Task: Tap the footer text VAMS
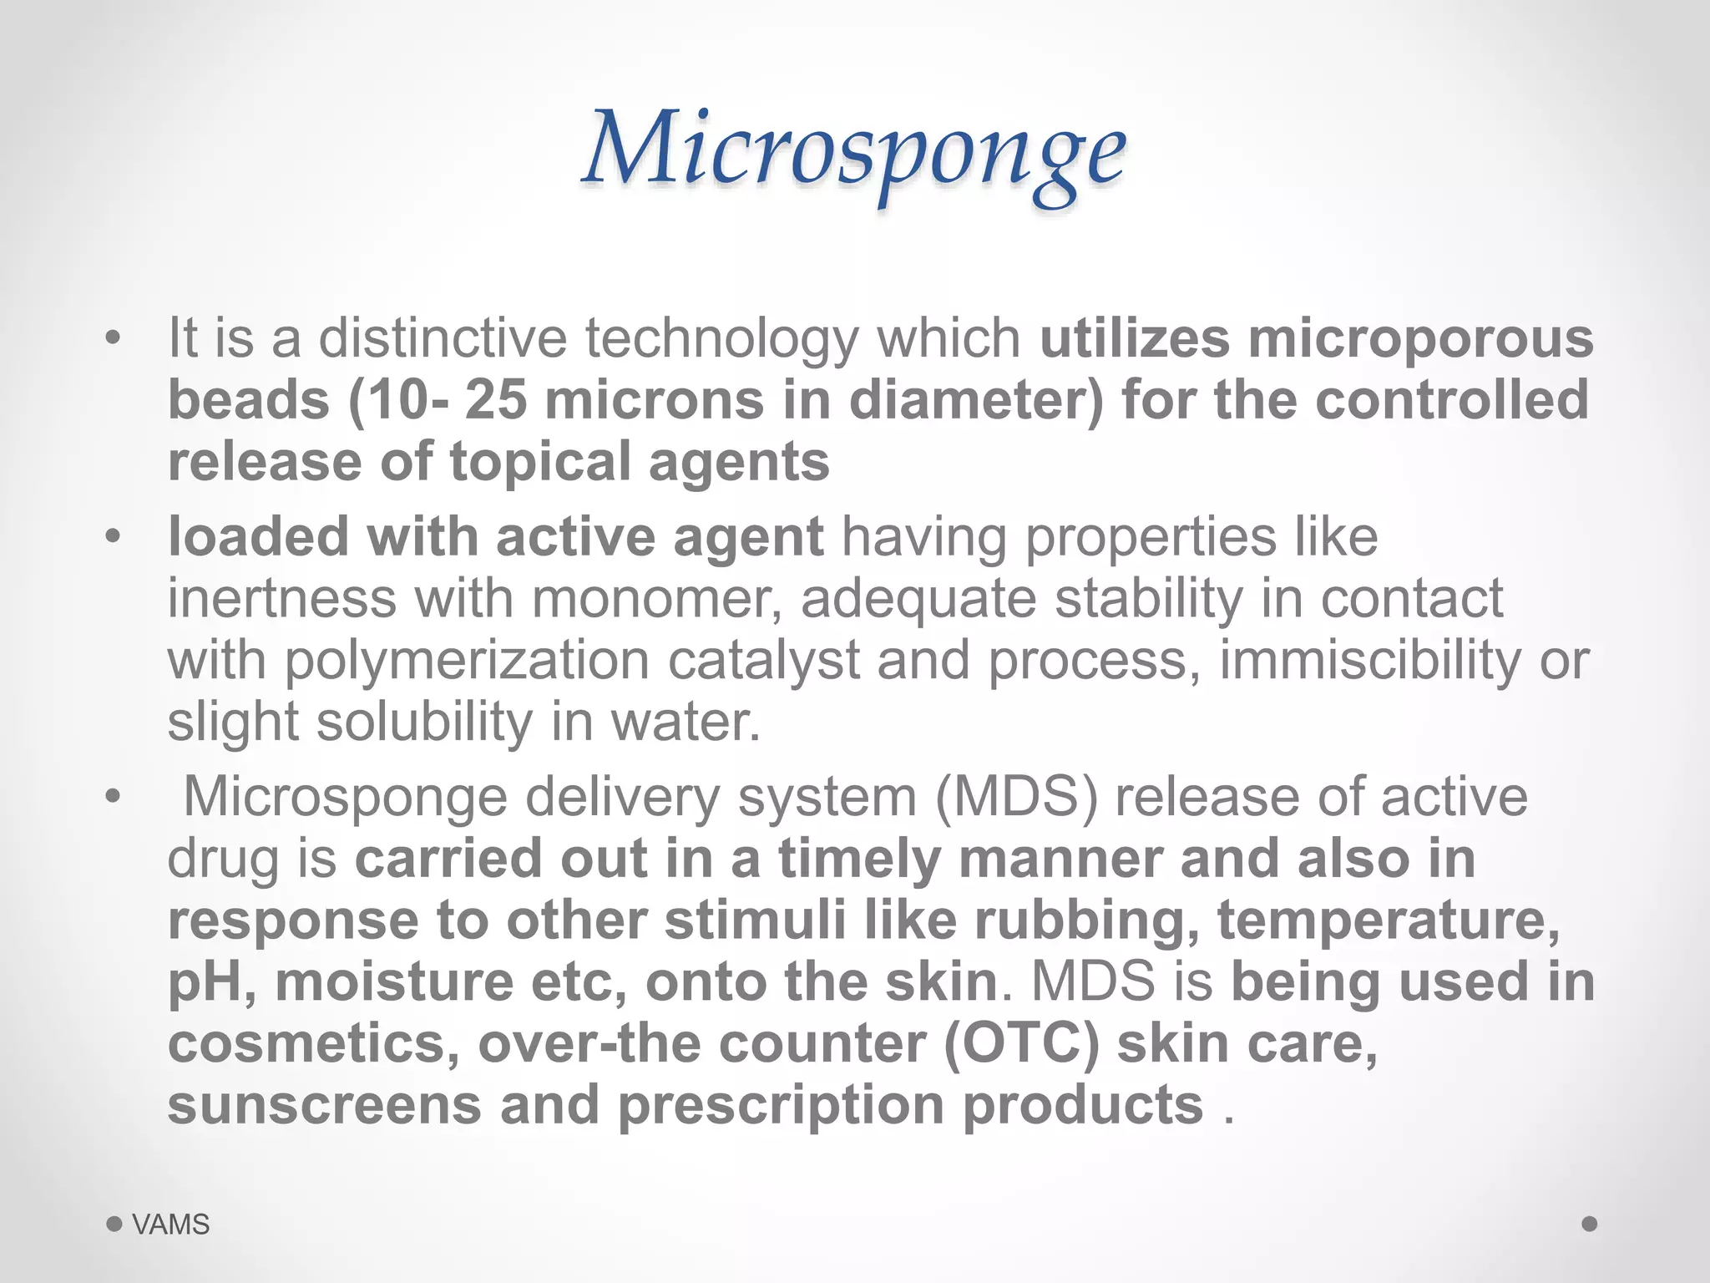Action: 171,1225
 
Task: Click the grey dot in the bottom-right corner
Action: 1590,1224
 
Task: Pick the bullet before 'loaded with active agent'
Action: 114,537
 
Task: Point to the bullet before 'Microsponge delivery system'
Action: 114,797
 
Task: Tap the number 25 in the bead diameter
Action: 496,400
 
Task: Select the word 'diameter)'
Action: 975,400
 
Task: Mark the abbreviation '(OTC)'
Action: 1021,1043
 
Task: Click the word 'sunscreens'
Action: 325,1105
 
